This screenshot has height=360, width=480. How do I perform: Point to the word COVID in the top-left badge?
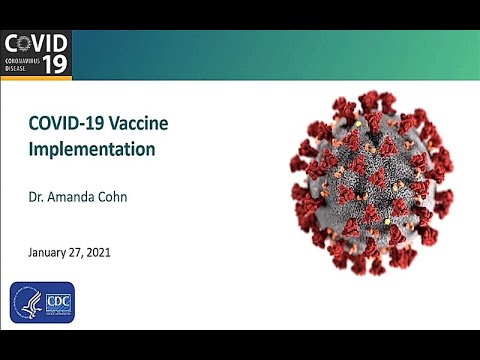(36, 43)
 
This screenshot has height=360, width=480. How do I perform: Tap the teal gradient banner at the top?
(270, 55)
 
